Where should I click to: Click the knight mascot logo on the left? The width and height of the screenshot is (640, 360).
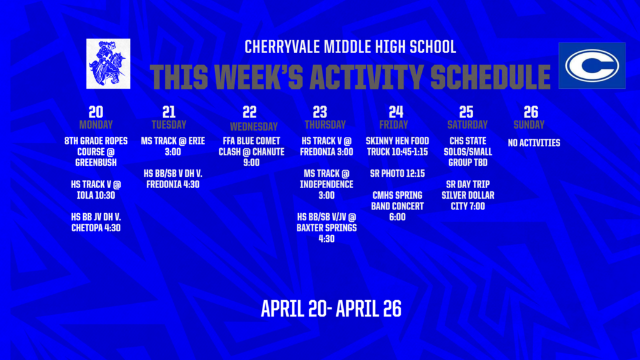click(108, 63)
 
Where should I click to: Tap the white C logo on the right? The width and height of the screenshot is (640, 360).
click(591, 66)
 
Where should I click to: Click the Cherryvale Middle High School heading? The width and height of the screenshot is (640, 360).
click(350, 47)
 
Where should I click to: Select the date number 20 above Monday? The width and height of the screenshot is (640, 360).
click(96, 112)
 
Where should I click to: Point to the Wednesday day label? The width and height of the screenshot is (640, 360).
click(249, 126)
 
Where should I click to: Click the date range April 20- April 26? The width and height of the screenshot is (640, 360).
click(331, 308)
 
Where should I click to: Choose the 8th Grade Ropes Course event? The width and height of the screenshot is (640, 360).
click(96, 151)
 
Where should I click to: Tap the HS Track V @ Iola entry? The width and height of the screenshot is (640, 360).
click(96, 189)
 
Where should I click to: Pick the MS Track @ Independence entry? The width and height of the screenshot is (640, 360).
click(326, 184)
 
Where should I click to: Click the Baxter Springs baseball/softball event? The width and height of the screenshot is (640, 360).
click(326, 227)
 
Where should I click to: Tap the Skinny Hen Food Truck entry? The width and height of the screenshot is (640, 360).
click(397, 146)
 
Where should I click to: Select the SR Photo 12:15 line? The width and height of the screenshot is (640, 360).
click(397, 173)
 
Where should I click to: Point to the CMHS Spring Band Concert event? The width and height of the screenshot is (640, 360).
click(397, 206)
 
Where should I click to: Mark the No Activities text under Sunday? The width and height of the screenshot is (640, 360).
click(534, 143)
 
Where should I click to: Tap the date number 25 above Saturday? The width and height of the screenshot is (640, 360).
click(466, 112)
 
